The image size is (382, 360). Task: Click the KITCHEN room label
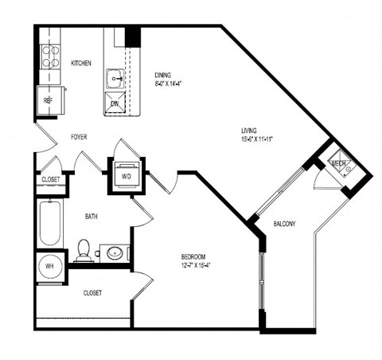[x=81, y=63]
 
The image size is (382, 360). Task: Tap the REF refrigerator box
[x=48, y=100]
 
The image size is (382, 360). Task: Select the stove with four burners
[x=50, y=57]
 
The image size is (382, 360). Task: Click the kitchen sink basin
[x=115, y=78]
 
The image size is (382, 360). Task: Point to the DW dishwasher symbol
[x=115, y=104]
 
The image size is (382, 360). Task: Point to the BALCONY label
[x=285, y=224]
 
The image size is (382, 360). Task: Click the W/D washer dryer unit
[x=126, y=177]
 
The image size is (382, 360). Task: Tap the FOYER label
[x=79, y=137]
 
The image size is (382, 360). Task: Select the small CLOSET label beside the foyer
[x=50, y=180]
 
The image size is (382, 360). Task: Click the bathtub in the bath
[x=49, y=224]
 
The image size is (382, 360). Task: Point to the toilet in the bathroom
[x=84, y=252]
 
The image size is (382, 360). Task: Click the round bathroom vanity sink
[x=115, y=253]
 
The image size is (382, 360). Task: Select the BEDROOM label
[x=195, y=256]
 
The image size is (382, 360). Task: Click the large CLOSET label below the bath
[x=92, y=293]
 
